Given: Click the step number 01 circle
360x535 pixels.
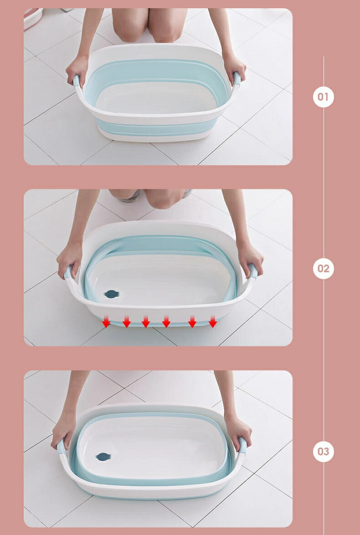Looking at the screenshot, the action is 323,97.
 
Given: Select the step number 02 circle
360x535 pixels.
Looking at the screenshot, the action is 323,269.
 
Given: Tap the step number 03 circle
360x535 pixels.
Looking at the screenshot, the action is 323,451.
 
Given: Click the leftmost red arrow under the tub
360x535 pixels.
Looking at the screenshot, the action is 106,321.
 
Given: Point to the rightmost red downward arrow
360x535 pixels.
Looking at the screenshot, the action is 213,321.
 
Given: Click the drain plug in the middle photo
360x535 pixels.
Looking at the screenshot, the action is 111,294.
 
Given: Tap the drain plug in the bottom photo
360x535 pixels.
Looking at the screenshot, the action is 103,457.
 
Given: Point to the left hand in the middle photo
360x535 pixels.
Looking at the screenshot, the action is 69,260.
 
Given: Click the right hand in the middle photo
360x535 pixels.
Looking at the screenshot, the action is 250,258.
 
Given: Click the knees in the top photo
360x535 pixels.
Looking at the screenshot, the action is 149,25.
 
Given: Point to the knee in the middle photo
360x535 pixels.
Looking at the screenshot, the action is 163,198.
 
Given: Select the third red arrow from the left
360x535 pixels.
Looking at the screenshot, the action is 146,321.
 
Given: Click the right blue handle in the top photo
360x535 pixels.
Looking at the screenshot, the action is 237,79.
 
